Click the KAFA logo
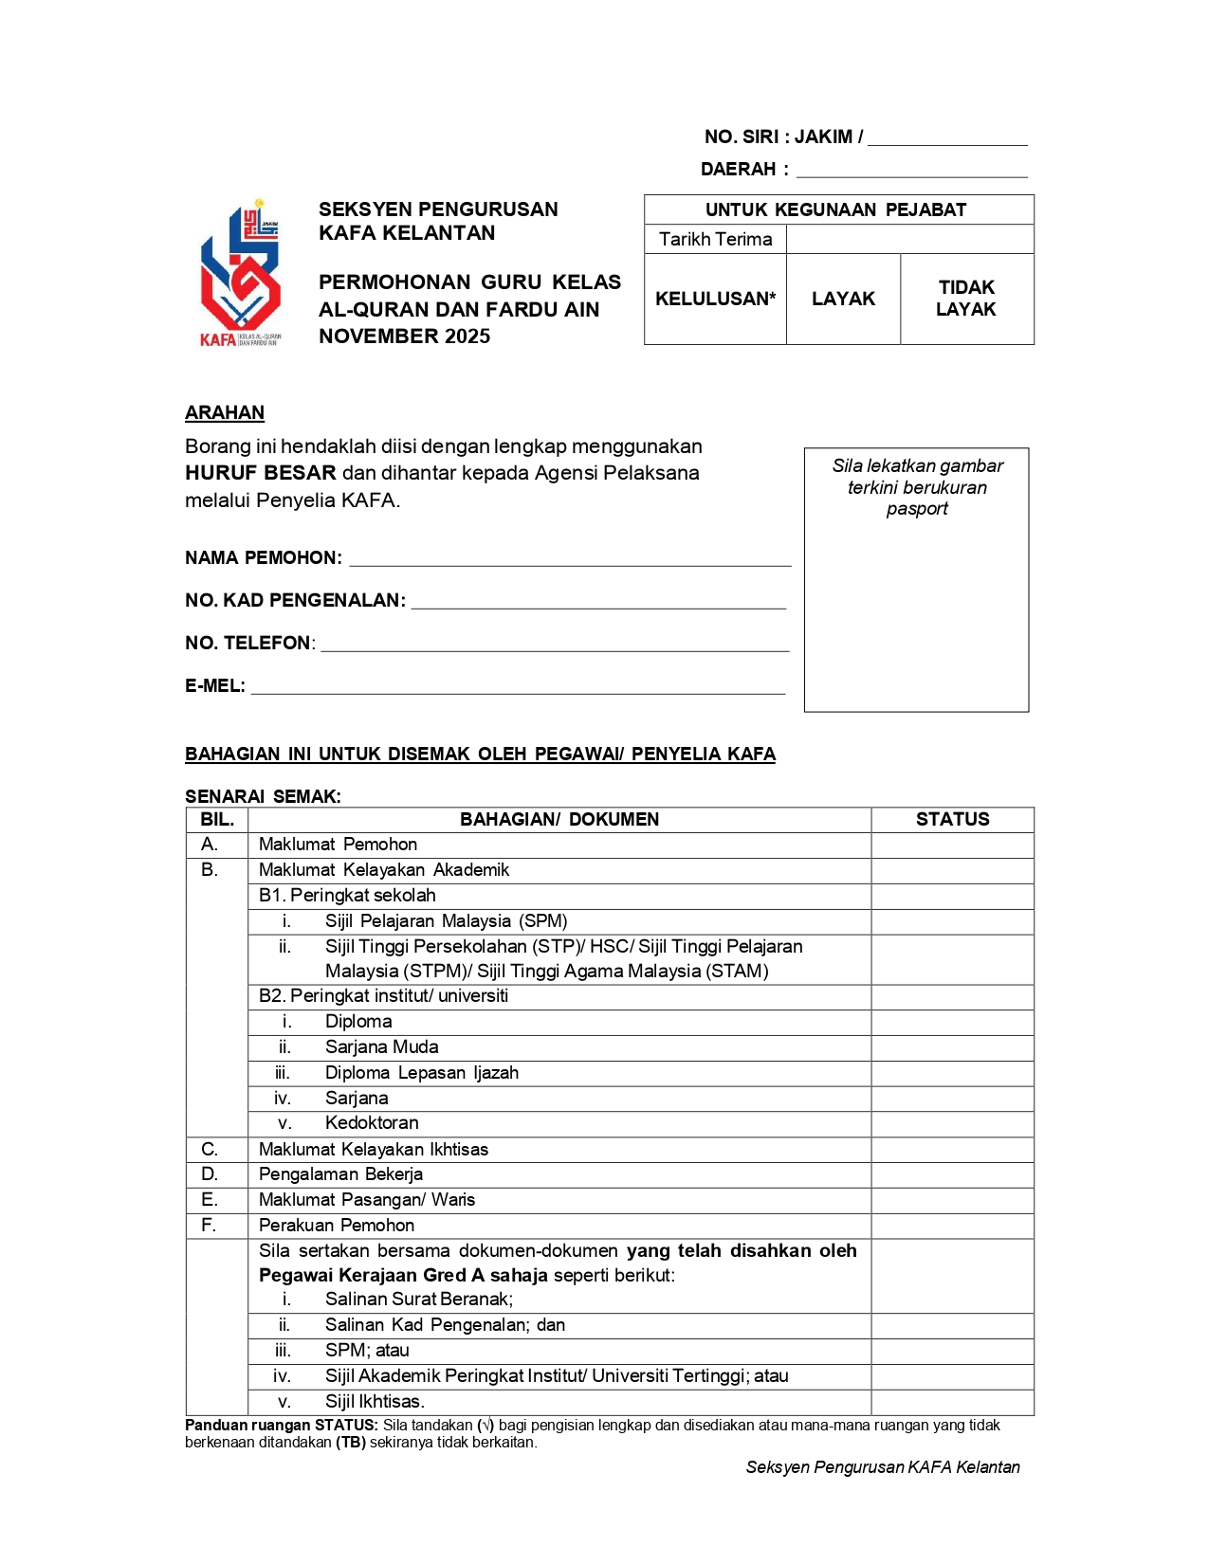(240, 274)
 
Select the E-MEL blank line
(517, 687)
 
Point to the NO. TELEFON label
(248, 643)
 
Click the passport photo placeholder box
(916, 579)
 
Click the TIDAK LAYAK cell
(966, 299)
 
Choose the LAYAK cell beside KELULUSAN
(843, 299)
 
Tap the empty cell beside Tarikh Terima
(909, 239)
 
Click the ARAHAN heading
(225, 412)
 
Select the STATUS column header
(952, 819)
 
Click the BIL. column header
(217, 819)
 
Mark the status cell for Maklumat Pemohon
(952, 845)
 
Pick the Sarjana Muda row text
(381, 1046)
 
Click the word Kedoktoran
(372, 1122)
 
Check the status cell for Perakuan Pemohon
(952, 1225)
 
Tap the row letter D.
(210, 1173)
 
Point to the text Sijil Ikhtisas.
(375, 1401)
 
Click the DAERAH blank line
(911, 171)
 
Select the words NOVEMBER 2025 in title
(405, 336)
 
